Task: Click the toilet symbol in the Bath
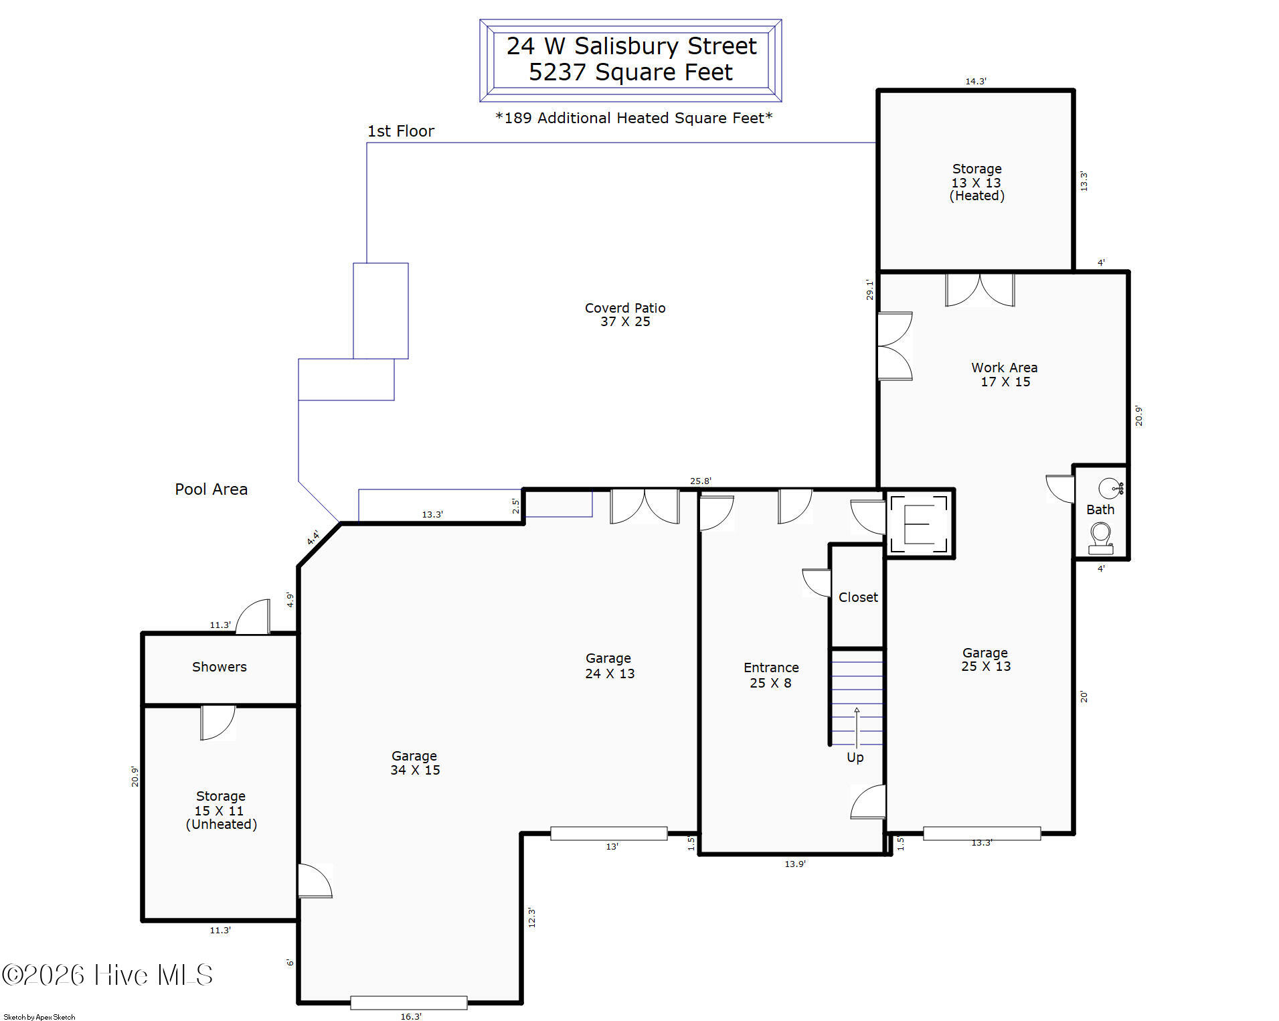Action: pos(1100,538)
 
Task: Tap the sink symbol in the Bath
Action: pos(1111,487)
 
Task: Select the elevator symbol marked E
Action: pos(919,524)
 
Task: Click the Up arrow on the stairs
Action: pos(857,727)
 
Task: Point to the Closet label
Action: pos(858,597)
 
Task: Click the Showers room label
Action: pos(220,667)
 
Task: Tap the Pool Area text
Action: pos(211,489)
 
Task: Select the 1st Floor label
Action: pos(401,131)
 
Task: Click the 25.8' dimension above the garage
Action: pos(701,481)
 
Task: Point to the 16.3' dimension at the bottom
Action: pos(411,1016)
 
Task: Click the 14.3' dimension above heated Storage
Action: pos(976,81)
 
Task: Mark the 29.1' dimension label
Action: pos(869,289)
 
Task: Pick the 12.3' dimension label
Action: pos(531,917)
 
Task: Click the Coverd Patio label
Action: pos(625,315)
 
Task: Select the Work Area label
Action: pos(1005,374)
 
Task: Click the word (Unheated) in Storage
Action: pos(222,824)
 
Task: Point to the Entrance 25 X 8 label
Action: pos(771,675)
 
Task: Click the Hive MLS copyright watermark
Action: pos(107,975)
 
